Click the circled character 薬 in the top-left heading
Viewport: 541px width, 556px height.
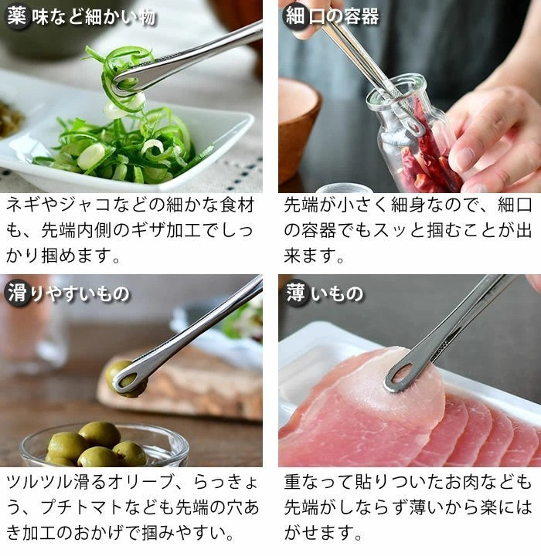click(x=16, y=16)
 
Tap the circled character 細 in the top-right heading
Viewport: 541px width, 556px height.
click(x=294, y=16)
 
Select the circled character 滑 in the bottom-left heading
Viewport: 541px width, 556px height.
click(x=16, y=293)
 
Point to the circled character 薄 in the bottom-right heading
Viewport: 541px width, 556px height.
click(x=295, y=293)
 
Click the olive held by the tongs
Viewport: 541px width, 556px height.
click(x=124, y=379)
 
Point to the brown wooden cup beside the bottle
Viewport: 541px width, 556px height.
click(x=299, y=131)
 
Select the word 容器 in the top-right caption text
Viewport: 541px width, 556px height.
click(x=318, y=230)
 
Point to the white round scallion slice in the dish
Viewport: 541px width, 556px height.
click(x=92, y=156)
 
